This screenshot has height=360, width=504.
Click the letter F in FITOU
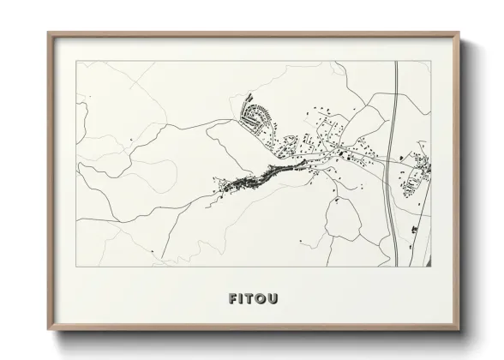pyautogui.click(x=234, y=299)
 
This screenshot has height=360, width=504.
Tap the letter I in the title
pyautogui.click(x=243, y=299)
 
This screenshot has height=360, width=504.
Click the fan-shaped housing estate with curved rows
pyautogui.click(x=255, y=117)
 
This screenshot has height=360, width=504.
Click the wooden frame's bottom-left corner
pyautogui.click(x=48, y=331)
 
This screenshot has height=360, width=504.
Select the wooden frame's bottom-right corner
pyautogui.click(x=459, y=331)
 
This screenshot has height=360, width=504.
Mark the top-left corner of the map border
pyautogui.click(x=76, y=62)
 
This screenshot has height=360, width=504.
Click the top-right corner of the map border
pyautogui.click(x=431, y=62)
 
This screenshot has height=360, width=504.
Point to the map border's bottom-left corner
pyautogui.click(x=76, y=267)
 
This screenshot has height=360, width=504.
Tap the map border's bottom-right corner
pyautogui.click(x=431, y=267)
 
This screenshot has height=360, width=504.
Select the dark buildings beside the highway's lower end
pyautogui.click(x=413, y=229)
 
